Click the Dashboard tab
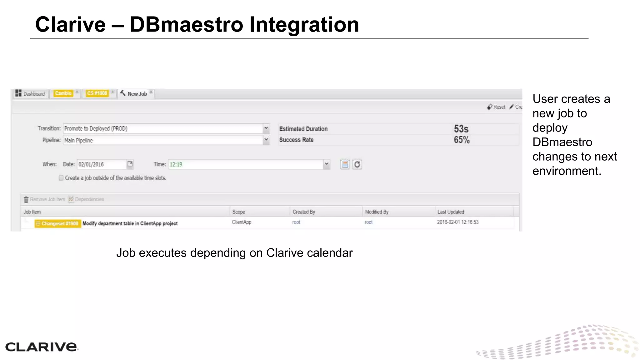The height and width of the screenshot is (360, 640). (x=31, y=94)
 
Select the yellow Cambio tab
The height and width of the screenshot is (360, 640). (x=63, y=93)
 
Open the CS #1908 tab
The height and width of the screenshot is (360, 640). (x=97, y=93)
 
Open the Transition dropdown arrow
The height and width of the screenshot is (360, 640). (x=266, y=128)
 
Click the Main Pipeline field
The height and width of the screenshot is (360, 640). (x=162, y=140)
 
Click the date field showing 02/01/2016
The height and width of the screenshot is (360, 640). (x=102, y=164)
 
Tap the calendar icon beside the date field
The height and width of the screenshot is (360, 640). (x=130, y=164)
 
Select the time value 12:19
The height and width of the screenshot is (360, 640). (x=176, y=164)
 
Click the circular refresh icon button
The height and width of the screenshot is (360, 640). (x=357, y=164)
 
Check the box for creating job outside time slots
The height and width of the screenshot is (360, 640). (x=61, y=178)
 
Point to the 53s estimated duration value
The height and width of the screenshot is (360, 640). (x=461, y=129)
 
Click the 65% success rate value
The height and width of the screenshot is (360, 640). (x=462, y=140)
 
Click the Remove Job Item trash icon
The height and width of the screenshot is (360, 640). (x=26, y=199)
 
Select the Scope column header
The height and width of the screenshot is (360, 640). (x=239, y=212)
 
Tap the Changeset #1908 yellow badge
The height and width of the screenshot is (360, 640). (x=57, y=223)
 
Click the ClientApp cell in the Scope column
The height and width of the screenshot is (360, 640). (x=242, y=222)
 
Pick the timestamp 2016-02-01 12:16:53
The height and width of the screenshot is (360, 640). (x=457, y=222)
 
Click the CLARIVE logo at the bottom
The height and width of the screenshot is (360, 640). (x=41, y=347)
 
